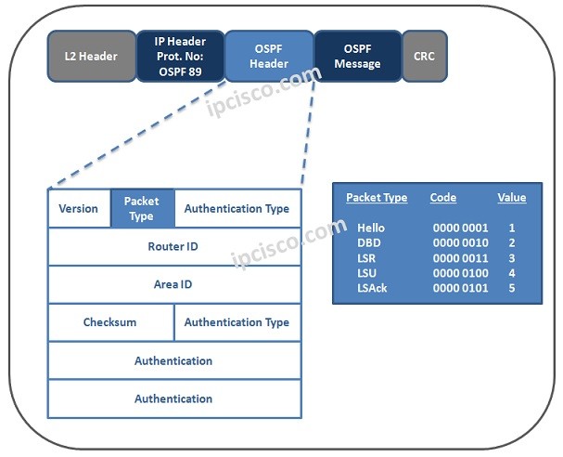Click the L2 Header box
click(x=91, y=57)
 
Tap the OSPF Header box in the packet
click(x=269, y=57)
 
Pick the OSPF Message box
click(x=357, y=57)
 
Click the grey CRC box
click(x=424, y=57)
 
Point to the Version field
click(x=79, y=209)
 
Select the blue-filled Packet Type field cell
click(x=142, y=209)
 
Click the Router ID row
click(x=173, y=247)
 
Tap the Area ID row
click(x=173, y=285)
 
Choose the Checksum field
click(x=110, y=322)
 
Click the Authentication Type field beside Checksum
click(x=237, y=322)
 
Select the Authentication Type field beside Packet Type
click(x=237, y=209)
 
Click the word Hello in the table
click(x=370, y=228)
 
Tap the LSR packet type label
click(x=367, y=258)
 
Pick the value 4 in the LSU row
click(x=512, y=274)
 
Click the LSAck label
click(x=373, y=289)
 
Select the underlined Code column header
click(x=443, y=198)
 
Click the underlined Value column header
click(x=511, y=198)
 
